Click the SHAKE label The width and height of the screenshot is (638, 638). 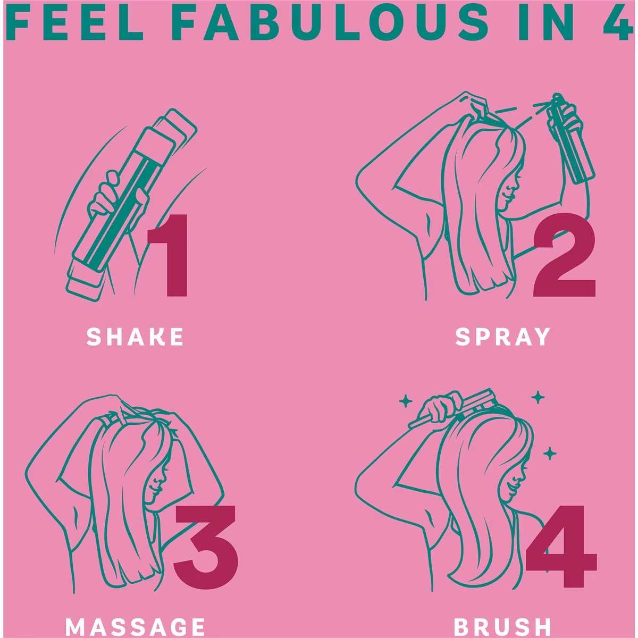(x=135, y=337)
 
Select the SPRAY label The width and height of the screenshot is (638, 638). (x=502, y=337)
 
